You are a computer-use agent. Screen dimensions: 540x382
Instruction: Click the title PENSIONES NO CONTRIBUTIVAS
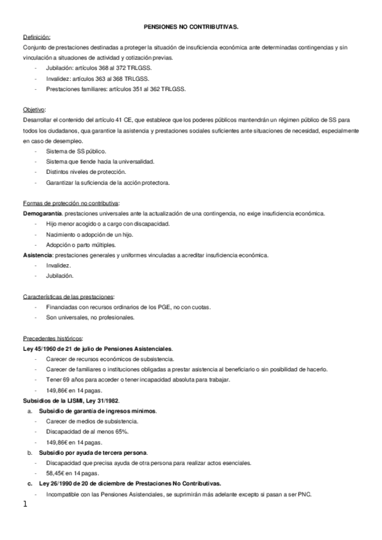click(x=191, y=28)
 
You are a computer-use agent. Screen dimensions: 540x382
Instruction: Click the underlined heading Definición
click(x=36, y=38)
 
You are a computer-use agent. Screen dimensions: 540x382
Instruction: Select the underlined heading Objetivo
click(x=34, y=110)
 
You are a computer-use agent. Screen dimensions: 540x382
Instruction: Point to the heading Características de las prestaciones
click(x=68, y=297)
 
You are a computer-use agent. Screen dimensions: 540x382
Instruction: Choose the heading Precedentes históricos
click(x=52, y=338)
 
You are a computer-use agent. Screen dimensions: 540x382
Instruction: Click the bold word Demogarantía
click(x=42, y=214)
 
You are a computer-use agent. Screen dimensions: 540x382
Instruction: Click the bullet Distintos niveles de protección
click(x=86, y=173)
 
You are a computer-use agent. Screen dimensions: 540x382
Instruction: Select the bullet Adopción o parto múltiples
click(x=80, y=245)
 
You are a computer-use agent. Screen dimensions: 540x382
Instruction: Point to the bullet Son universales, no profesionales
click(x=90, y=317)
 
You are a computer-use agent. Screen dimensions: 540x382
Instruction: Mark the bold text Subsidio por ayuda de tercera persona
click(x=93, y=452)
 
